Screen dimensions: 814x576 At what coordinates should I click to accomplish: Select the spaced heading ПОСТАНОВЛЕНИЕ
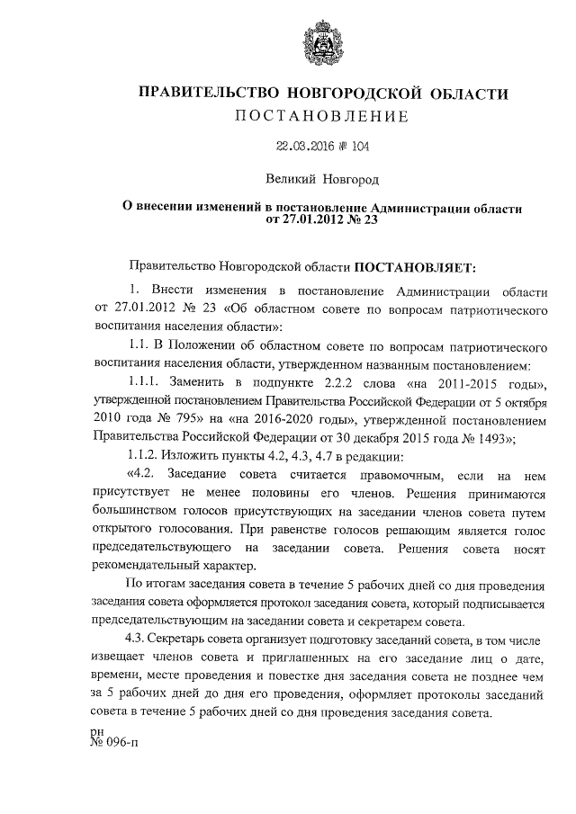coord(321,117)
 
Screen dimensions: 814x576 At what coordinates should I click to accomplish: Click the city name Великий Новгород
coord(321,181)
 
